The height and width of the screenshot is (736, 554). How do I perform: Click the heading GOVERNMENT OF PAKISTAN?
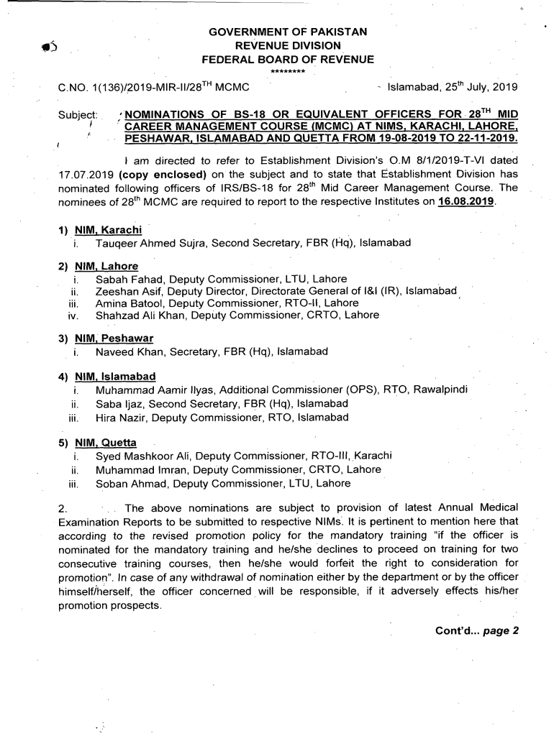(288, 32)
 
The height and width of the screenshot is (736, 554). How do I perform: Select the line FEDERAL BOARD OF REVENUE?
(288, 59)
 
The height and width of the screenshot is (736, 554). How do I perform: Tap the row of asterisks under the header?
(288, 71)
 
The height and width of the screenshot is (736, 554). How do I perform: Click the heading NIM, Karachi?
(108, 231)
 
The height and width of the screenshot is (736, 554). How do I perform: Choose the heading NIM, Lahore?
(106, 267)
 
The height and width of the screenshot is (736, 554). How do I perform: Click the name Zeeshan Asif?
(127, 291)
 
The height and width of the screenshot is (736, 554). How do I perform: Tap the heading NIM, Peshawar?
(114, 339)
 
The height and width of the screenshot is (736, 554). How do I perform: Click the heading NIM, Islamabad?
(115, 377)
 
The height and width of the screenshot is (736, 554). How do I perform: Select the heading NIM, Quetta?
(106, 443)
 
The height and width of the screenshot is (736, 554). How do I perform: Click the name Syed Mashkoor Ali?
(142, 456)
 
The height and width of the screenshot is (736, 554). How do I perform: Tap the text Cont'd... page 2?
(476, 630)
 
